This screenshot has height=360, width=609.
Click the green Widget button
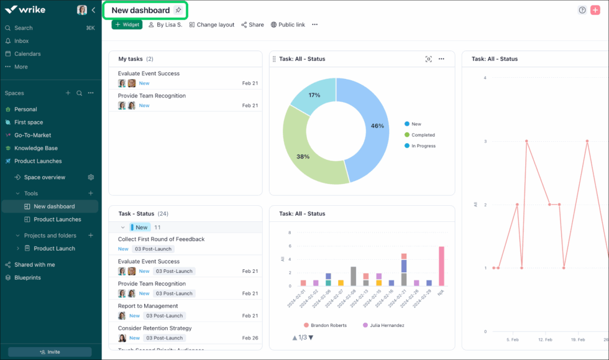click(x=127, y=25)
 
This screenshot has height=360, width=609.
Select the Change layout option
click(x=212, y=25)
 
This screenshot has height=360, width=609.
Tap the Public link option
click(x=288, y=25)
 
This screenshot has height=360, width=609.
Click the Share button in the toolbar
click(x=252, y=25)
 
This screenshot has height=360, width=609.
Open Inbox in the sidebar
click(x=22, y=41)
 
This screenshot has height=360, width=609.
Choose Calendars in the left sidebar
click(x=27, y=54)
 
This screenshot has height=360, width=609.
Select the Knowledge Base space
click(x=36, y=148)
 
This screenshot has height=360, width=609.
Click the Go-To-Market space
click(x=32, y=135)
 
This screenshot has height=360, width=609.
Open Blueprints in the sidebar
click(x=27, y=277)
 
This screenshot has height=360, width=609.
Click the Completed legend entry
click(x=423, y=135)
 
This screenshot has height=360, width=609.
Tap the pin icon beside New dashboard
click(x=178, y=11)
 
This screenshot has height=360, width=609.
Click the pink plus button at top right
click(x=595, y=10)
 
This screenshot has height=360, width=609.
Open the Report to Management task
click(x=148, y=306)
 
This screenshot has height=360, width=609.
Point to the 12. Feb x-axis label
click(x=545, y=339)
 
